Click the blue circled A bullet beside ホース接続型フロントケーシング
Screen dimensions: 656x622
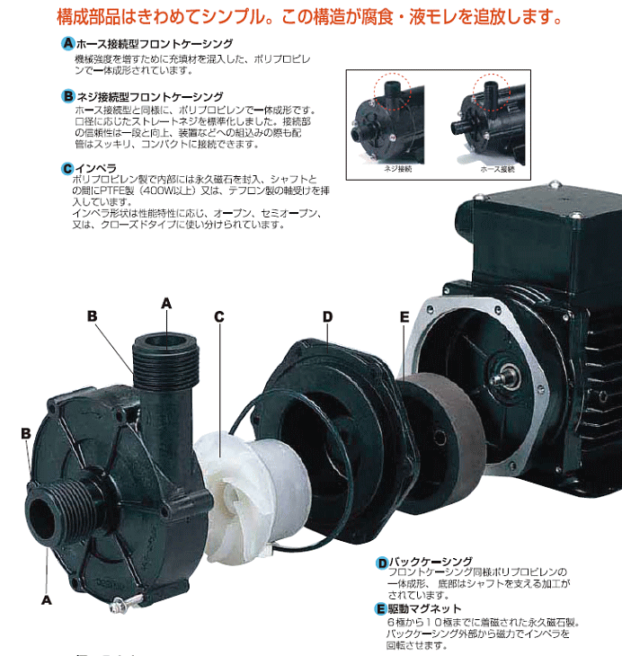68,44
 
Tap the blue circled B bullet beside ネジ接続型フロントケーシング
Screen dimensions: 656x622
68,95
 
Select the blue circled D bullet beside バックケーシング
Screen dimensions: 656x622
382,563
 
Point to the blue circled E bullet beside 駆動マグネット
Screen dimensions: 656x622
382,609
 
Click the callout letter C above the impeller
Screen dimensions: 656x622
219,316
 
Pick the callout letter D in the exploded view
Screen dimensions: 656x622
328,316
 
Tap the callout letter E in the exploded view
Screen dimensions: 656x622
404,316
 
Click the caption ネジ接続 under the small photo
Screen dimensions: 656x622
396,168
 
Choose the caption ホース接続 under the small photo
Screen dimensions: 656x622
497,168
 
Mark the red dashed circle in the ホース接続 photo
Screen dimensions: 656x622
492,89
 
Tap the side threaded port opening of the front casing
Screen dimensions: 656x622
44,519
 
